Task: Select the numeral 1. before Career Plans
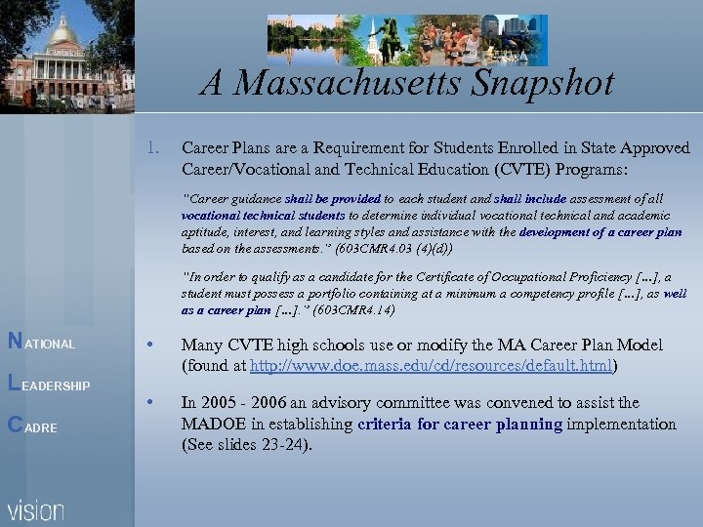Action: coord(150,149)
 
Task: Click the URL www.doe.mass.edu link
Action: coord(431,366)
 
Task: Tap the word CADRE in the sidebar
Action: coord(33,427)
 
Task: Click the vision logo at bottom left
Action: coord(36,509)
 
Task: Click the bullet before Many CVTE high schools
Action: coord(150,345)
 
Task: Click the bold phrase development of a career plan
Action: coord(601,232)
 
